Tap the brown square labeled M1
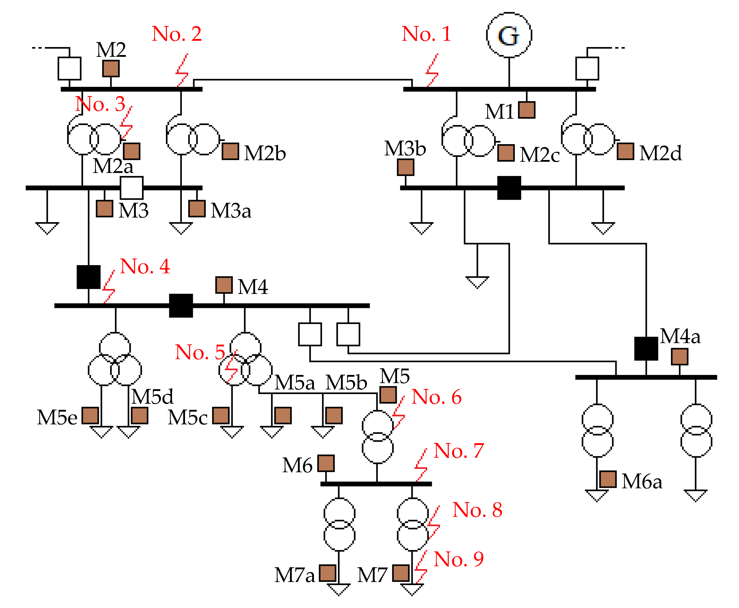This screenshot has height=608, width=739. [526, 110]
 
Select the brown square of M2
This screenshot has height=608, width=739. [111, 68]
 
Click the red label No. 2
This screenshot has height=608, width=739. [177, 34]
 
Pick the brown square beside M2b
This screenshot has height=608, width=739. [230, 151]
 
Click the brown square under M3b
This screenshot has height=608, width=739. [405, 167]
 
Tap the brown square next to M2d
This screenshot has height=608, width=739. [625, 151]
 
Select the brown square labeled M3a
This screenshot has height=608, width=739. [196, 209]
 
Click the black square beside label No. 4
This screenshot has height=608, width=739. [88, 277]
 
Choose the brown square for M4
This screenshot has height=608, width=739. [223, 285]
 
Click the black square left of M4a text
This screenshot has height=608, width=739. [645, 348]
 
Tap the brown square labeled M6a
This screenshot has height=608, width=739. [607, 479]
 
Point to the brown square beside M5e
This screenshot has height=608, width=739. [90, 416]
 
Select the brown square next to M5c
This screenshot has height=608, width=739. [221, 416]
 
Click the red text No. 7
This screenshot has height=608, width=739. [458, 451]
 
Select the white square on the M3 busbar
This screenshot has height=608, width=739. [131, 188]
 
